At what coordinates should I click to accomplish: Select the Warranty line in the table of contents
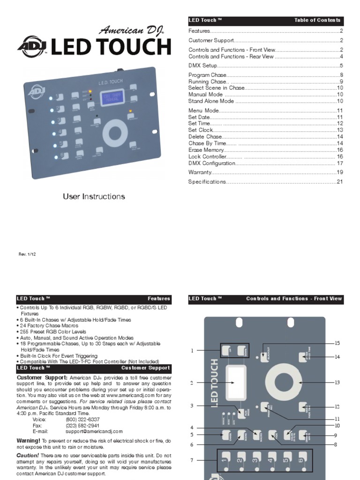pyautogui.click(x=201, y=172)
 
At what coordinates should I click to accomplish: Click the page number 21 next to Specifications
pyautogui.click(x=340, y=182)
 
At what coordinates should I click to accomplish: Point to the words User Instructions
pyautogui.click(x=94, y=196)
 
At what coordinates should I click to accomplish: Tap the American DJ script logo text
pyautogui.click(x=131, y=31)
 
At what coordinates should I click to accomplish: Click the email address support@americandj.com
pyautogui.click(x=94, y=431)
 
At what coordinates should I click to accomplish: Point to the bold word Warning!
pyautogui.click(x=28, y=441)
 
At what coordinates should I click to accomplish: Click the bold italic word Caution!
pyautogui.click(x=27, y=456)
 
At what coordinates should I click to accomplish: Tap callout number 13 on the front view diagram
pyautogui.click(x=337, y=382)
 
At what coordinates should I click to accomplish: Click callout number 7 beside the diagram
pyautogui.click(x=192, y=460)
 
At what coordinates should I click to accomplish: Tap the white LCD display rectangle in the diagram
pyautogui.click(x=236, y=382)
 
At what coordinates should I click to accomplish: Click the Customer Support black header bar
pyautogui.click(x=94, y=368)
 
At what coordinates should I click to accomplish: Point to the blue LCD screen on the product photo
pyautogui.click(x=112, y=97)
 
